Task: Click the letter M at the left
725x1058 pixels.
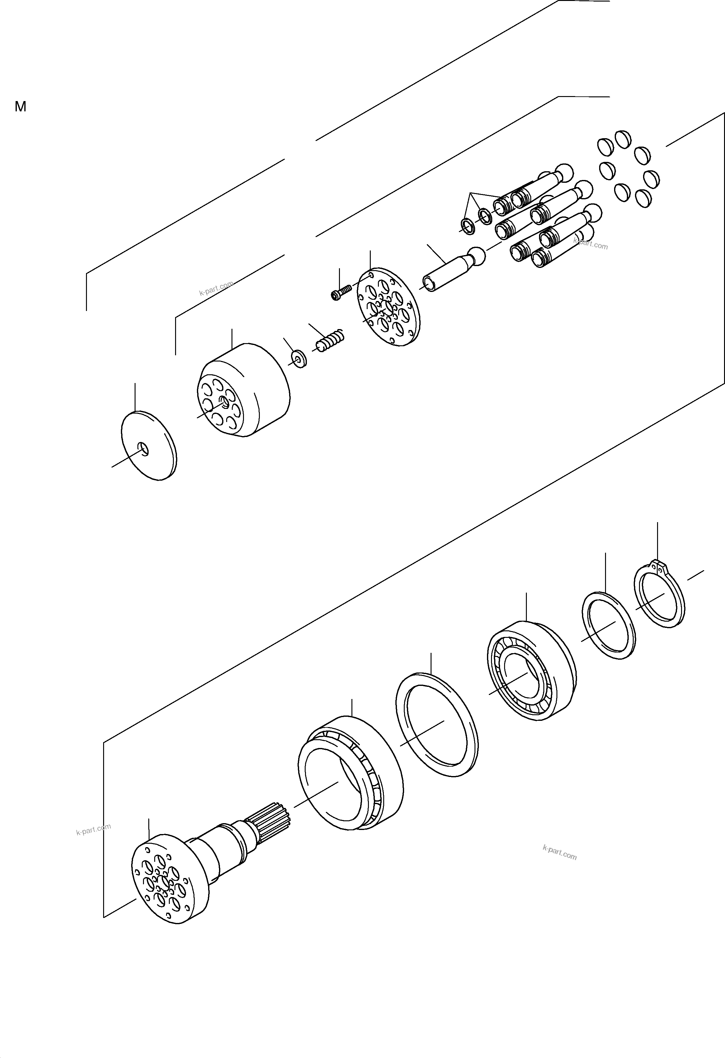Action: pos(21,107)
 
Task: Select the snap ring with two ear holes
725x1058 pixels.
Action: pos(659,595)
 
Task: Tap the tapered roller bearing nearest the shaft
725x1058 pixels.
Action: pos(350,773)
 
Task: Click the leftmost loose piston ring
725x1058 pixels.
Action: pos(468,226)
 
